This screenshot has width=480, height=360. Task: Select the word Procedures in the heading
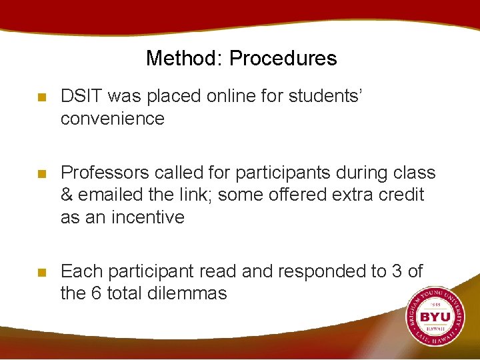tap(283, 59)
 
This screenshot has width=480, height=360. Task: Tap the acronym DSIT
tap(81, 97)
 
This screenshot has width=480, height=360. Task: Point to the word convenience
tap(112, 119)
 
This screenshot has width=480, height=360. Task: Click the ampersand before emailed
tap(67, 195)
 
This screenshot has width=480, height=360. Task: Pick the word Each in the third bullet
tap(81, 271)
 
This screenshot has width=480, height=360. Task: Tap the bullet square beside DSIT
tap(42, 97)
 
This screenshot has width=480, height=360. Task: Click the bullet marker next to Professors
tap(42, 173)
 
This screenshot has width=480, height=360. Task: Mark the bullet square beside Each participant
tap(42, 272)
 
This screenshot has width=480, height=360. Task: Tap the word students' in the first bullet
tap(325, 97)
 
